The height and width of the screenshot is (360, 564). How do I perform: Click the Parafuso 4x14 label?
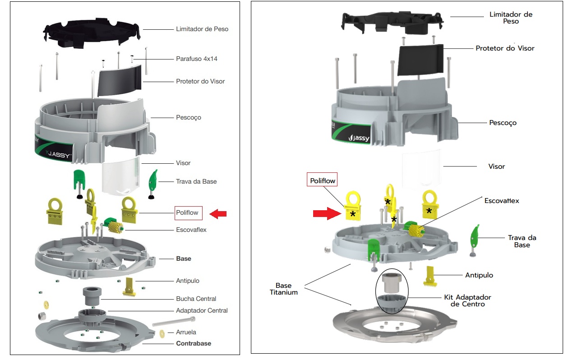click(x=196, y=59)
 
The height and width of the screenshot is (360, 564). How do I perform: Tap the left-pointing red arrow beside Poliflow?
click(x=218, y=214)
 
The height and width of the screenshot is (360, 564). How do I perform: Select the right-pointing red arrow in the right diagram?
click(x=327, y=213)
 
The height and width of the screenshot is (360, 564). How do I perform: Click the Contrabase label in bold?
click(x=194, y=343)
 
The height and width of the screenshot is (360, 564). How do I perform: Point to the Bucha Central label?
click(x=196, y=299)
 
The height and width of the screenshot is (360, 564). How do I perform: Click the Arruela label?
click(x=186, y=332)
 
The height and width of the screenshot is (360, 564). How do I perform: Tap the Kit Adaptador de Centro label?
click(x=467, y=300)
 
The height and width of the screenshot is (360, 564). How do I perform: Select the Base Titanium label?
click(x=283, y=289)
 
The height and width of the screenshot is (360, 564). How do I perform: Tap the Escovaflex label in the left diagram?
click(x=191, y=230)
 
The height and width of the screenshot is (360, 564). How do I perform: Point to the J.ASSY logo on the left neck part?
click(x=58, y=154)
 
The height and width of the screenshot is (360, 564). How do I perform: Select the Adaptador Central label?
click(x=202, y=311)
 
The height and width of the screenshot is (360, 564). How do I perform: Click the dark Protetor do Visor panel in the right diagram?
click(x=421, y=60)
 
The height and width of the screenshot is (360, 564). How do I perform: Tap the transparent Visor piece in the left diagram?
click(x=120, y=176)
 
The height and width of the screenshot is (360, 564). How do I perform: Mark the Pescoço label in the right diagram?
click(x=503, y=123)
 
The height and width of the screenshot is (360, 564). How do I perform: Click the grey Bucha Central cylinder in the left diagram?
click(x=92, y=296)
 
